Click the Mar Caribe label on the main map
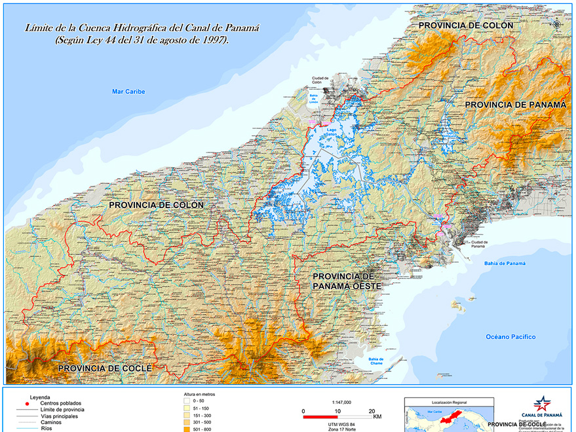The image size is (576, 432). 128,92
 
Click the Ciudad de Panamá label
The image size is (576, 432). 479,244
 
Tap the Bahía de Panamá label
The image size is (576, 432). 505,262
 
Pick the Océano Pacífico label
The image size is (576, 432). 510,337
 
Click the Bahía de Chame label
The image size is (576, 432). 375,361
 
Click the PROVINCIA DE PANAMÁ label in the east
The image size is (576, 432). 515,105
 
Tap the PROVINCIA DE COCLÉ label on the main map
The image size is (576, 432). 105,369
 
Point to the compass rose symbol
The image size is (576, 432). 557,24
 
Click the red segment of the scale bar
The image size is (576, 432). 320,416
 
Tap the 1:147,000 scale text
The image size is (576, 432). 341,402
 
